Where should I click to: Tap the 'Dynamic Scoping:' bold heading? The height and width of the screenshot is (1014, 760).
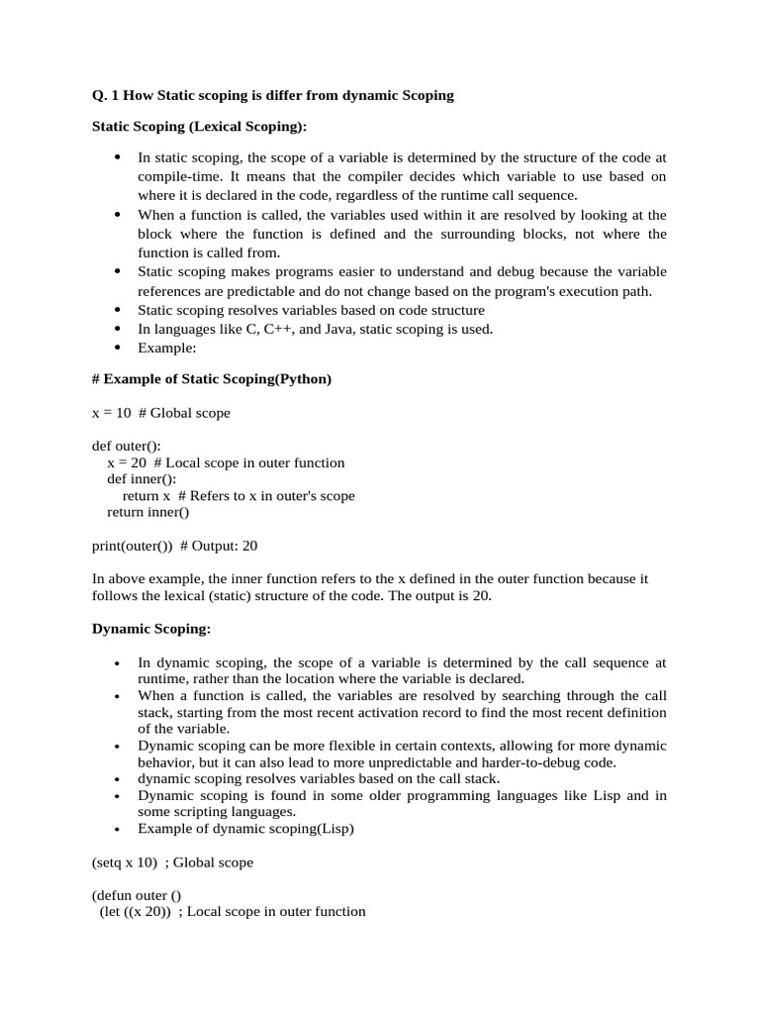click(x=150, y=629)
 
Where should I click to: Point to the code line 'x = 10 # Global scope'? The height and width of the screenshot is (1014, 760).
click(x=160, y=412)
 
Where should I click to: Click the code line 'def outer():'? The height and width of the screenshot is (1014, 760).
click(x=126, y=447)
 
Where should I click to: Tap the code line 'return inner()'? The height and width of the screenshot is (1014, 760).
click(x=147, y=512)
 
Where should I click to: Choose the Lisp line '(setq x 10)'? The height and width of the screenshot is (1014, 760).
click(x=125, y=862)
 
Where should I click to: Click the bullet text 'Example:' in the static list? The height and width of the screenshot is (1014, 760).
click(x=167, y=348)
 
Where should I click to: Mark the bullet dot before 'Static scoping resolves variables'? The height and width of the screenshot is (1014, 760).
click(x=118, y=310)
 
